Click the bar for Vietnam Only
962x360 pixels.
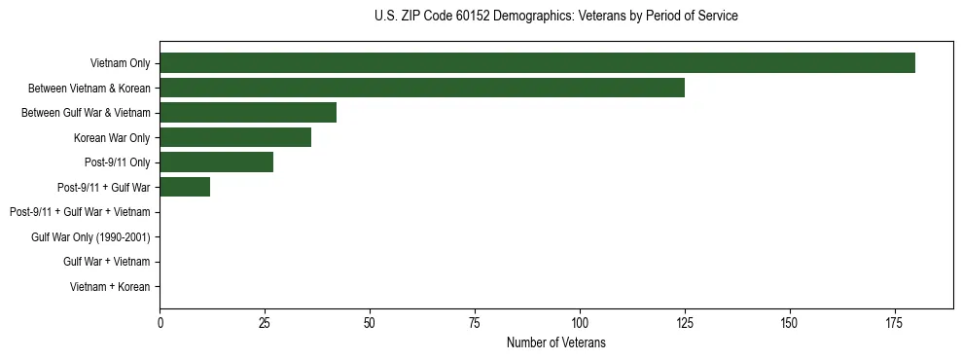[x=537, y=62]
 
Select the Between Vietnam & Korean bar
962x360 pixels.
[x=422, y=88]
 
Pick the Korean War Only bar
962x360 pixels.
[x=235, y=137]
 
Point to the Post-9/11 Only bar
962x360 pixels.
[x=216, y=162]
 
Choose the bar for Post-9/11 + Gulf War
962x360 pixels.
[x=185, y=187]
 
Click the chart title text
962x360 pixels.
[x=555, y=17]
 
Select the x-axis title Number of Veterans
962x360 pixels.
[x=555, y=342]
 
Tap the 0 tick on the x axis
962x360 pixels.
[x=160, y=322]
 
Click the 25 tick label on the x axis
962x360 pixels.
[x=265, y=322]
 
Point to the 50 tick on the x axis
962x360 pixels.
[x=370, y=322]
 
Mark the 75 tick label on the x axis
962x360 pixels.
[x=475, y=322]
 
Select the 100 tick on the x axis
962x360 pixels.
[x=580, y=322]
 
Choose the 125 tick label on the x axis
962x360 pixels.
[x=685, y=322]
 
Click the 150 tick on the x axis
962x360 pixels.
[x=790, y=322]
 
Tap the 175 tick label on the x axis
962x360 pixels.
[x=895, y=322]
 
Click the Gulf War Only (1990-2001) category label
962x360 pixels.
[x=90, y=236]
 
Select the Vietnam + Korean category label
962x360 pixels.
[x=110, y=286]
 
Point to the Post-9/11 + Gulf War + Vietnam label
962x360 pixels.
[x=80, y=212]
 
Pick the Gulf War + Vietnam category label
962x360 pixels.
[x=106, y=262]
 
